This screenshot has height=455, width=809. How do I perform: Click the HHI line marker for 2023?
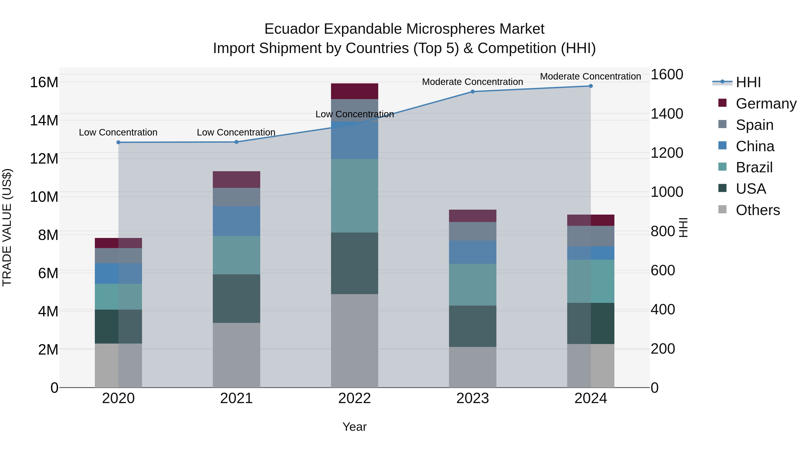[472, 92]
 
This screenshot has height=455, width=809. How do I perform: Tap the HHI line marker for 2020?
[118, 142]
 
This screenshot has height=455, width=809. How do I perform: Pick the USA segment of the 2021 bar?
[236, 298]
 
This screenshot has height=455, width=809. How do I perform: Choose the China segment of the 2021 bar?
[236, 221]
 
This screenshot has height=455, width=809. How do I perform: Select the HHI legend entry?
[748, 82]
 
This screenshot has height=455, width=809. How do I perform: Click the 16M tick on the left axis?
[44, 83]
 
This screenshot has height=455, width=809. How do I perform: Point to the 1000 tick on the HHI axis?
[667, 192]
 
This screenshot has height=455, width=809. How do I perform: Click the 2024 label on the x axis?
[590, 398]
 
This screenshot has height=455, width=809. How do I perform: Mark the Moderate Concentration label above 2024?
[590, 76]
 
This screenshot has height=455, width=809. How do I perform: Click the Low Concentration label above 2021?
[236, 132]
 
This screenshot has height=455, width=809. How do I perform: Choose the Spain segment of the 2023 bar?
[472, 231]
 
